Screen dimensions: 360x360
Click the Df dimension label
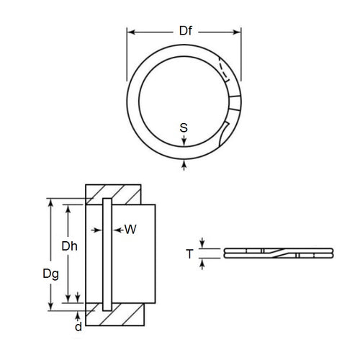click(184, 32)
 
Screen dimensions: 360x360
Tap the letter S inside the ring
click(184, 128)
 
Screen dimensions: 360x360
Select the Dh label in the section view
click(70, 247)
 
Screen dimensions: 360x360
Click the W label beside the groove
click(130, 230)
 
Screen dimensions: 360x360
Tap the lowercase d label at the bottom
click(77, 327)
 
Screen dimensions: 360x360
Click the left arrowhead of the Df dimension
click(131, 32)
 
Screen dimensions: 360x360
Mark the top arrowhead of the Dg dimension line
click(50, 202)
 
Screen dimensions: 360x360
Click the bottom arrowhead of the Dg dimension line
click(50, 307)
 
